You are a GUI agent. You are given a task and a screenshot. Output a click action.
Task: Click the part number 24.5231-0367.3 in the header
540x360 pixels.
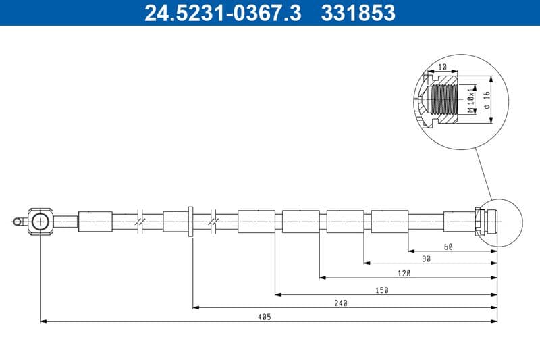point(223,12)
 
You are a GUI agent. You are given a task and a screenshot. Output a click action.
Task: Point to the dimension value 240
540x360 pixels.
point(340,303)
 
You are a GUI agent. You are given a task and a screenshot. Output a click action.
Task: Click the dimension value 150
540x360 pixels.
point(382,290)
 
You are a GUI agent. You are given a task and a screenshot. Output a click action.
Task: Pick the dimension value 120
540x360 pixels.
point(404,274)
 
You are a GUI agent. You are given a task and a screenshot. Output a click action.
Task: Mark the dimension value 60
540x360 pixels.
point(448,247)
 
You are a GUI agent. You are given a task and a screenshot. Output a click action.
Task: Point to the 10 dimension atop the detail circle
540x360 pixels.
point(443,67)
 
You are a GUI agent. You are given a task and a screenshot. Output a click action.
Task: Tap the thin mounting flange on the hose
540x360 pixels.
point(192,222)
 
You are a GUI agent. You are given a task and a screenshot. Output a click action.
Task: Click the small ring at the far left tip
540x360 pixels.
point(16,220)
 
